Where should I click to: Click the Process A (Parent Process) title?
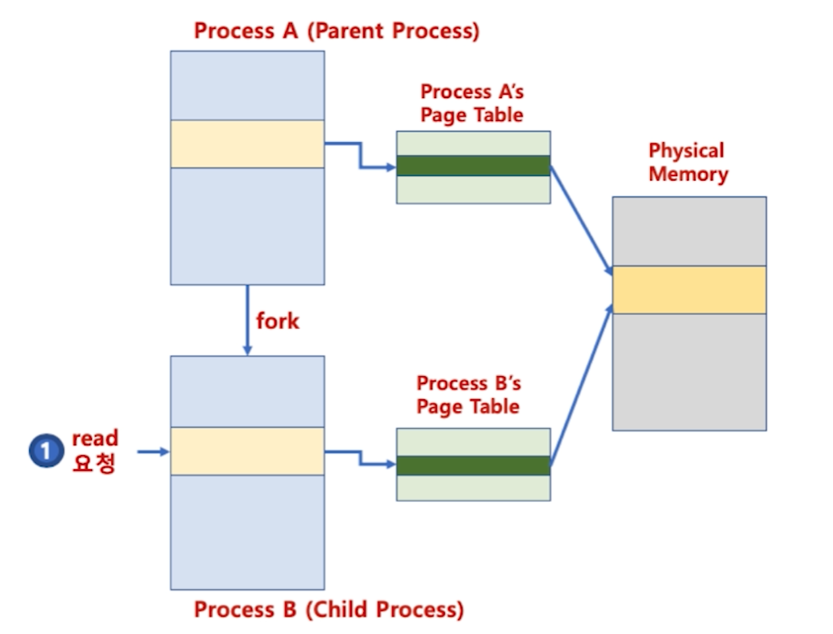pyautogui.click(x=336, y=31)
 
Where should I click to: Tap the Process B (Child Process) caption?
pyautogui.click(x=328, y=610)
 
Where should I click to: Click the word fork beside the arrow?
pyautogui.click(x=277, y=321)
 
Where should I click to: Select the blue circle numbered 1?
pyautogui.click(x=45, y=451)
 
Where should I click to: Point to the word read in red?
pyautogui.click(x=95, y=438)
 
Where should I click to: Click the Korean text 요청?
pyautogui.click(x=94, y=463)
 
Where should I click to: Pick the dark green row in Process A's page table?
pyautogui.click(x=473, y=166)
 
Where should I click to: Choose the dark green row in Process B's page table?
pyautogui.click(x=473, y=465)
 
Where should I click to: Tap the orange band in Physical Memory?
pyautogui.click(x=689, y=289)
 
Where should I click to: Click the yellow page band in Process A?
pyautogui.click(x=247, y=144)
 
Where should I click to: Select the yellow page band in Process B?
pyautogui.click(x=247, y=451)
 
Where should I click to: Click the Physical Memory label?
pyautogui.click(x=688, y=162)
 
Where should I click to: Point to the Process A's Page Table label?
pyautogui.click(x=472, y=103)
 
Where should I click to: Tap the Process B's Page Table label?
pyautogui.click(x=468, y=395)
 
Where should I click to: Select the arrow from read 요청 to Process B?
pyautogui.click(x=153, y=452)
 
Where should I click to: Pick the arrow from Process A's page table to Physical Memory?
pyautogui.click(x=581, y=218)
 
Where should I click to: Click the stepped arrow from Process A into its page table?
pyautogui.click(x=360, y=156)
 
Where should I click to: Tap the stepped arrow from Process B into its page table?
pyautogui.click(x=360, y=458)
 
